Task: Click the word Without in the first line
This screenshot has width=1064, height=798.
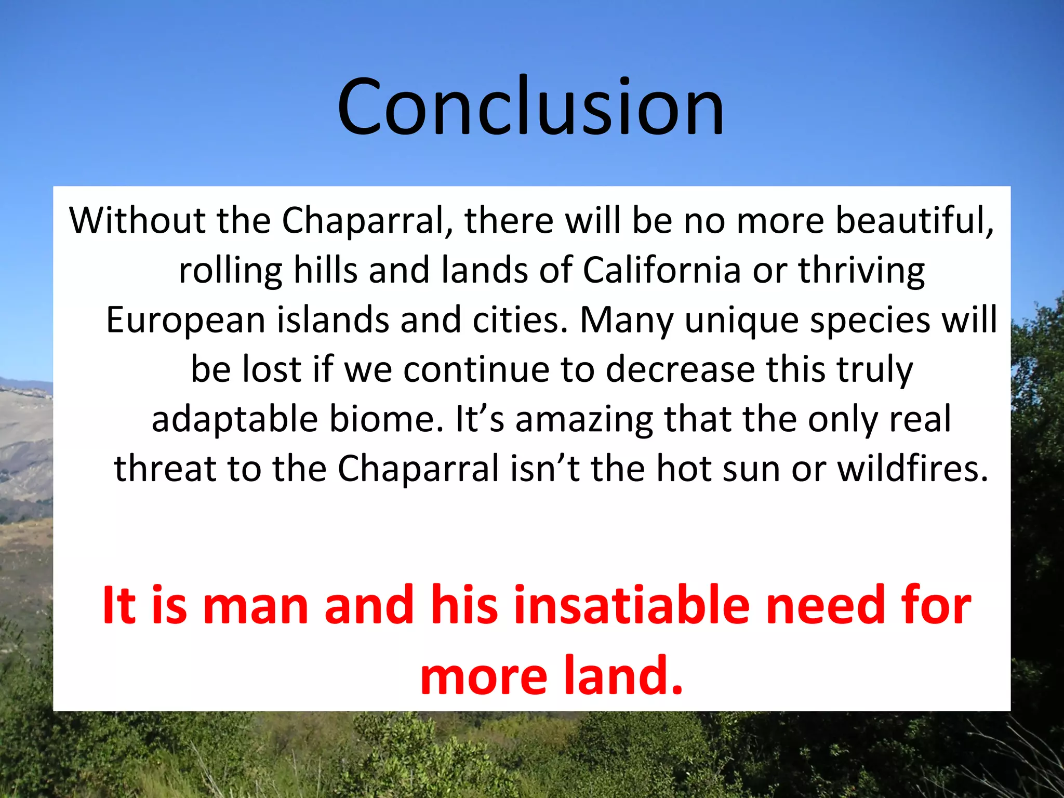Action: point(137,220)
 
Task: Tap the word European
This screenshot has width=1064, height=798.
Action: point(185,320)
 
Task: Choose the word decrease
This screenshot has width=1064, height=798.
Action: point(680,369)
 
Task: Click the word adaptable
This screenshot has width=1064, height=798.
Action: point(234,420)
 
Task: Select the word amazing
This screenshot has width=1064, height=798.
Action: point(584,420)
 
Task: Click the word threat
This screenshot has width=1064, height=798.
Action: point(165,469)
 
